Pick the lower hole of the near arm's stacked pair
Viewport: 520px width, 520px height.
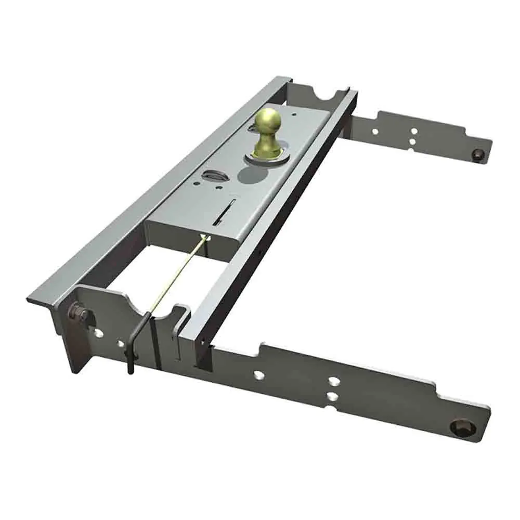tap(332, 397)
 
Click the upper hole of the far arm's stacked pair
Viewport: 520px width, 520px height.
tap(413, 132)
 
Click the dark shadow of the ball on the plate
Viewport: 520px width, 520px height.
tap(252, 174)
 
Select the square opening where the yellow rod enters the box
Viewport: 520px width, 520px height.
tap(207, 239)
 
